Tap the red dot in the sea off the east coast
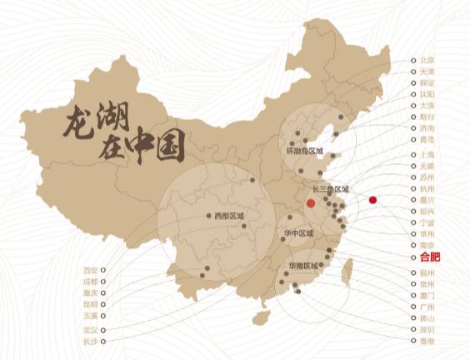pyautogui.click(x=372, y=199)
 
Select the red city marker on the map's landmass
pyautogui.click(x=310, y=202)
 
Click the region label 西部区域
pyautogui.click(x=229, y=216)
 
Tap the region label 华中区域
pyautogui.click(x=299, y=233)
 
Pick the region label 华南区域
pyautogui.click(x=302, y=266)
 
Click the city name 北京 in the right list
pyautogui.click(x=427, y=61)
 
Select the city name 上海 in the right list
pyautogui.click(x=427, y=155)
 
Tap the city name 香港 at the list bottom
pyautogui.click(x=427, y=342)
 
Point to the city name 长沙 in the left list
pyautogui.click(x=90, y=342)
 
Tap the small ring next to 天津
pyautogui.click(x=412, y=72)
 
